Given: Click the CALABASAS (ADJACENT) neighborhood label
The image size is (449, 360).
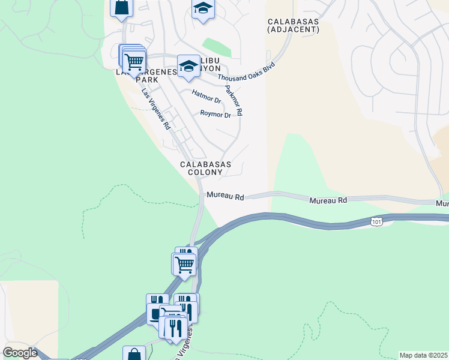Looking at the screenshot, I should [294, 25].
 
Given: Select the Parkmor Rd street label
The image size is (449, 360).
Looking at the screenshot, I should [234, 100].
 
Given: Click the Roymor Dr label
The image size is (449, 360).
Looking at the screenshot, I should [215, 113].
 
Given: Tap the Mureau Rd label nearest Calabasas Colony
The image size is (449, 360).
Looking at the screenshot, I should [225, 196].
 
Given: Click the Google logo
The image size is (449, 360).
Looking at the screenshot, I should [20, 353].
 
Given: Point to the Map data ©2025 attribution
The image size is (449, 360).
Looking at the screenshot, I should [423, 355].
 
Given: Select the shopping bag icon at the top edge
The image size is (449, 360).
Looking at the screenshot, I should [121, 8].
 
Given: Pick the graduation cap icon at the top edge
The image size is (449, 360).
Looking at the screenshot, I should [203, 9].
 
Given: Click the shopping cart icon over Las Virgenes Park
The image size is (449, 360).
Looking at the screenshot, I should [134, 60].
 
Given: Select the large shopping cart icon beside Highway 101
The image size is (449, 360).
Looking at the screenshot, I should [184, 263].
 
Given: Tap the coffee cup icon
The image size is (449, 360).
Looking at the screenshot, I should [156, 314].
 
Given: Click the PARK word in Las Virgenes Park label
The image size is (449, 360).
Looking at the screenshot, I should [147, 79].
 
